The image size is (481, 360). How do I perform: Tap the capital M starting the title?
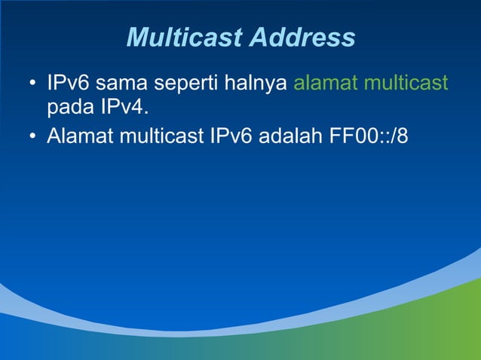pos(136,37)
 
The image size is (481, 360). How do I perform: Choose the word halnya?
pos(259,84)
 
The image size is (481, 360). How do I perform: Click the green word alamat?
pos(325,82)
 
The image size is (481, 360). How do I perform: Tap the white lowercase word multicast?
pos(161,137)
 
